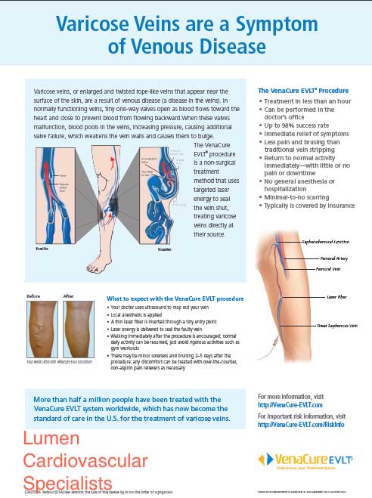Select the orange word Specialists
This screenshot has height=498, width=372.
click(67, 482)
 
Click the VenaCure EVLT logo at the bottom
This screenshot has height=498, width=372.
click(297, 460)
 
